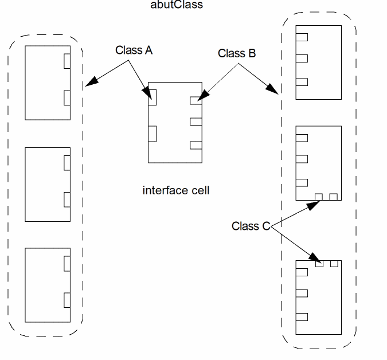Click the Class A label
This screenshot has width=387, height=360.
(x=134, y=50)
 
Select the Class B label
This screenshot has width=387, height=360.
(x=236, y=54)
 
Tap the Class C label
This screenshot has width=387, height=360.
(x=250, y=226)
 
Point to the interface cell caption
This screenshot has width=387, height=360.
(x=175, y=190)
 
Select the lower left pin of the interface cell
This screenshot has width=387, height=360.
(x=153, y=133)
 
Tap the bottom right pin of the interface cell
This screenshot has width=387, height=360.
(x=196, y=145)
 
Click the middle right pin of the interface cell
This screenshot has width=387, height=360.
(x=196, y=122)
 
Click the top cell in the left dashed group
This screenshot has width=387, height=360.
(x=48, y=83)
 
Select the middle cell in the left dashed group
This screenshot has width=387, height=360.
(x=48, y=184)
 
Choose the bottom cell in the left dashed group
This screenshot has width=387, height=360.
(x=48, y=285)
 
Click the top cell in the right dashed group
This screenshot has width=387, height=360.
(x=318, y=62)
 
